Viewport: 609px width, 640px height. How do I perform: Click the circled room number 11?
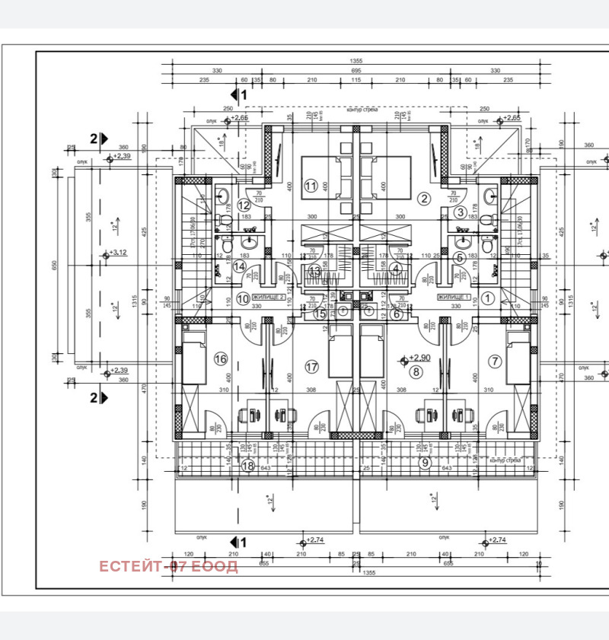coord(311,186)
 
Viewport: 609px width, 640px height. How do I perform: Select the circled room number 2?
coord(424,198)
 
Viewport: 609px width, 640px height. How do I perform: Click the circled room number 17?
coord(311,367)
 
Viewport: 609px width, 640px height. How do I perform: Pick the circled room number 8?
coord(416,371)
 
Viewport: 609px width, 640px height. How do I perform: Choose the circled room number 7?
coord(495,361)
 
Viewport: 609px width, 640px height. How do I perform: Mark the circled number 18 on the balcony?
coord(247,466)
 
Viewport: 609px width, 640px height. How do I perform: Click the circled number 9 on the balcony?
coord(425,462)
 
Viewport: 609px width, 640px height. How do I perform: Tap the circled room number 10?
coord(242,299)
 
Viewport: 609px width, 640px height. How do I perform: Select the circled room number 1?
coord(489,298)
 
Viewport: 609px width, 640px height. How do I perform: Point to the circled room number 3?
coord(461,213)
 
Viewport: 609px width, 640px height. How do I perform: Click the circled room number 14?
coord(239,266)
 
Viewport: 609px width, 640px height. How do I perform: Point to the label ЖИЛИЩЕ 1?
coord(454,298)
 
